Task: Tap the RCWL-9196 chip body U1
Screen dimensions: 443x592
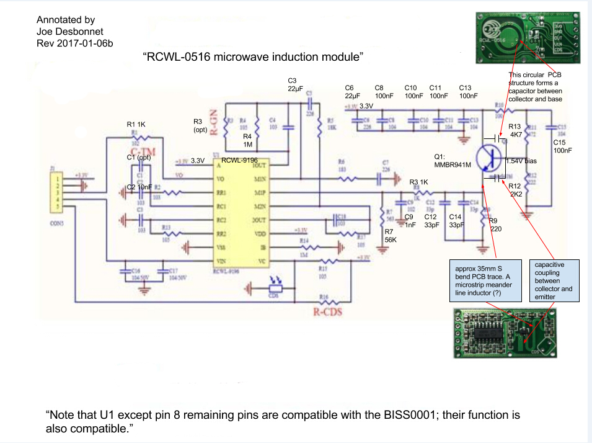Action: pyautogui.click(x=234, y=210)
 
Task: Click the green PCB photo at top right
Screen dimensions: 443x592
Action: pyautogui.click(x=529, y=38)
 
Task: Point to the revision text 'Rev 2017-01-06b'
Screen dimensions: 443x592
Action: pyautogui.click(x=74, y=43)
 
